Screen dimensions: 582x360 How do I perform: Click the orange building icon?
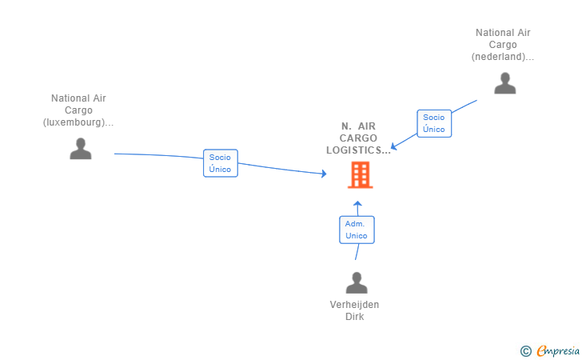pyautogui.click(x=360, y=174)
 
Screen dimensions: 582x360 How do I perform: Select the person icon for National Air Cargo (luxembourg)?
pyautogui.click(x=81, y=149)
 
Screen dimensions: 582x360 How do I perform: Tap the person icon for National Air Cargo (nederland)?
pyautogui.click(x=504, y=83)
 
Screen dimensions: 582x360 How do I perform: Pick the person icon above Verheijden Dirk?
pyautogui.click(x=357, y=282)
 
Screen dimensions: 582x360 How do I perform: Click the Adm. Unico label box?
pyautogui.click(x=357, y=230)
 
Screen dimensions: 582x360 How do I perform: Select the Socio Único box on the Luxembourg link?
pyautogui.click(x=221, y=163)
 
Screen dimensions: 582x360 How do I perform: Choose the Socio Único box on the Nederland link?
pyautogui.click(x=434, y=123)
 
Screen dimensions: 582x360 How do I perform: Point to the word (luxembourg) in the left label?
pyautogui.click(x=74, y=122)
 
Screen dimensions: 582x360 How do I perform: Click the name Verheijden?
pyautogui.click(x=354, y=305)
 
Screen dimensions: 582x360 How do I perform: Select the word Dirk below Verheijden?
pyautogui.click(x=354, y=317)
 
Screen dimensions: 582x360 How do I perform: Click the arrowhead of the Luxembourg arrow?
pyautogui.click(x=324, y=174)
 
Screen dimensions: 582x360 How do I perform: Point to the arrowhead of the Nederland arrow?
pyautogui.click(x=394, y=146)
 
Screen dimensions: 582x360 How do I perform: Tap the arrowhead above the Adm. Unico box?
pyautogui.click(x=357, y=203)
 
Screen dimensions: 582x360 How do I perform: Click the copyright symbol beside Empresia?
pyautogui.click(x=525, y=351)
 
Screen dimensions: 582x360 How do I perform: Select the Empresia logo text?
pyautogui.click(x=558, y=350)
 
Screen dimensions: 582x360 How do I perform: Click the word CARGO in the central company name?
pyautogui.click(x=358, y=138)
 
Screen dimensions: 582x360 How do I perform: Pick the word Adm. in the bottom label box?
pyautogui.click(x=355, y=224)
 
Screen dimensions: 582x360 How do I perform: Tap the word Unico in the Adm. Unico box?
pyautogui.click(x=357, y=236)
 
